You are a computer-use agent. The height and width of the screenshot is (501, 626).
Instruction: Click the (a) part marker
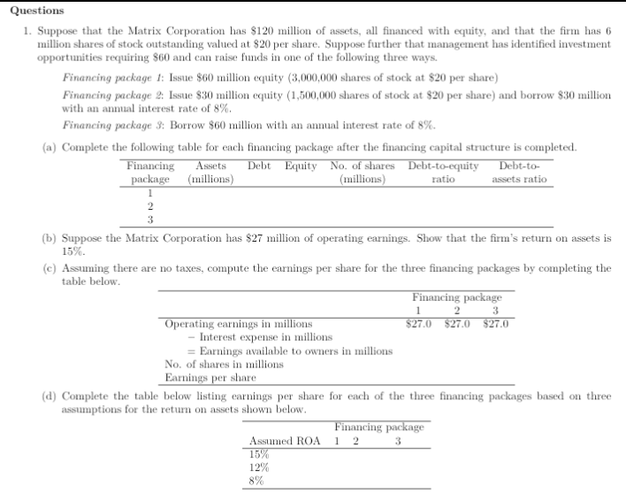(50, 147)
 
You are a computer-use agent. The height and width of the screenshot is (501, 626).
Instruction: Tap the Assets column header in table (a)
(210, 166)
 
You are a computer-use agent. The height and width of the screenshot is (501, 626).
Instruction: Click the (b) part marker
(50, 239)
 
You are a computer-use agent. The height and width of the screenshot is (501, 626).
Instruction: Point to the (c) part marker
(50, 267)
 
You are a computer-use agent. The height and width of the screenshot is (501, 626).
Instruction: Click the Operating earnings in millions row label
(238, 324)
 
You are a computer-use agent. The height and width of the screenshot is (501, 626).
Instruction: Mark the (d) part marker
(50, 397)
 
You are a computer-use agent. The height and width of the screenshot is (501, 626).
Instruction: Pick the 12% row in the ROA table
(260, 467)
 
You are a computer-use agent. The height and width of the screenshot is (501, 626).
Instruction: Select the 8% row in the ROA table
(257, 481)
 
